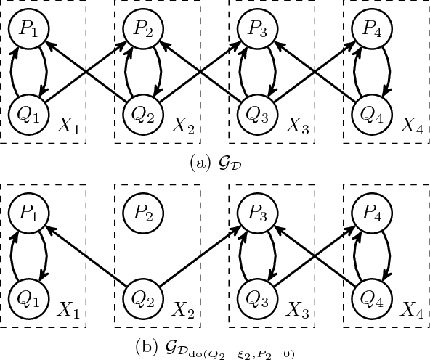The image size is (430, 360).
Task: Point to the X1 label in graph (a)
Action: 71,127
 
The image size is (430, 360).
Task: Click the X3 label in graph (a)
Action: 300,127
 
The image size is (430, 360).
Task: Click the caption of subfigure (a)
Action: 215,163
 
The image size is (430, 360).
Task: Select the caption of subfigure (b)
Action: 215,348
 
